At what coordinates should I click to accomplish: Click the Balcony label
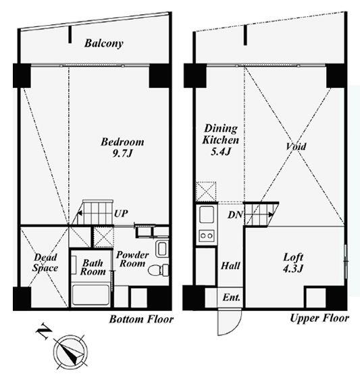click(104, 43)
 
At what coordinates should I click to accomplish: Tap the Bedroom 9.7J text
click(122, 147)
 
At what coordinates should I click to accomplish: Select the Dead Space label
click(45, 263)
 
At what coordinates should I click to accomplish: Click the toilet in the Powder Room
click(158, 270)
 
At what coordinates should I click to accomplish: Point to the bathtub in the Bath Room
click(91, 295)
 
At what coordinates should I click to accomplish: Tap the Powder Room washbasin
click(162, 249)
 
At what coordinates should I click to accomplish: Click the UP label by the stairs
click(121, 214)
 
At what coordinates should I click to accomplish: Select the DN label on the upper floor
click(235, 214)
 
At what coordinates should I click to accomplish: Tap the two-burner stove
click(207, 235)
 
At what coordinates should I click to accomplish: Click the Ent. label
click(232, 297)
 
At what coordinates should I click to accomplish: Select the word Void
click(296, 146)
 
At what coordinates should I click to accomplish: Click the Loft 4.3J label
click(293, 263)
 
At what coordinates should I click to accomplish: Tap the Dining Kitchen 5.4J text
click(221, 139)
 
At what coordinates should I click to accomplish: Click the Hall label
click(230, 266)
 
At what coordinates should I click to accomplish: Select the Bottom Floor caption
click(141, 319)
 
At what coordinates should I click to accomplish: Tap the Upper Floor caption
click(319, 318)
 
